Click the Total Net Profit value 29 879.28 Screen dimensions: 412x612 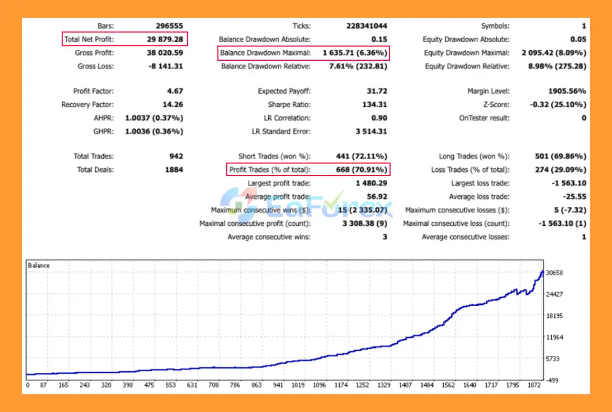[165, 39]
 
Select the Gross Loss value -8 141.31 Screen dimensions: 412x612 [164, 66]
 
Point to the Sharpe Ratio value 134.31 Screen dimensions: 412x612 [375, 104]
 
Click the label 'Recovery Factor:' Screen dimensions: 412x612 [87, 104]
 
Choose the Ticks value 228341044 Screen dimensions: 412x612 [367, 26]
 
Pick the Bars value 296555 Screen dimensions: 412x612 [169, 26]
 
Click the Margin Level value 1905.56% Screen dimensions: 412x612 [567, 91]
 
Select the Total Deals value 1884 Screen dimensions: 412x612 [174, 169]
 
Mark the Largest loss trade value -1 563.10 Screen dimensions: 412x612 [567, 183]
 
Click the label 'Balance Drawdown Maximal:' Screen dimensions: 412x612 [265, 53]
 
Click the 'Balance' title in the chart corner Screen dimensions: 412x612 [39, 265]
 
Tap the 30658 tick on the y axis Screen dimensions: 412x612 [555, 273]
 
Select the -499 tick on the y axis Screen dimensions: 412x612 [553, 380]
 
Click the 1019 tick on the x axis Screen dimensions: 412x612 [298, 385]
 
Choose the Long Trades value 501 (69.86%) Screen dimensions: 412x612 [559, 156]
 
